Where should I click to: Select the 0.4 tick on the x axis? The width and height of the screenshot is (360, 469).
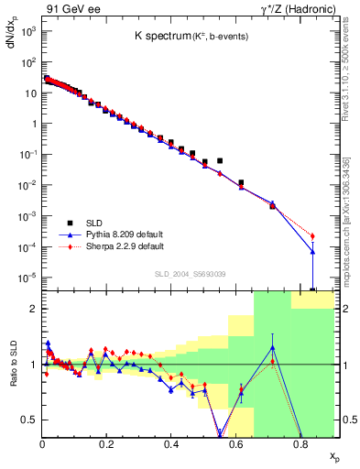tap(171, 445)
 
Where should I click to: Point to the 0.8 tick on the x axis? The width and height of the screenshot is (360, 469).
tap(300, 445)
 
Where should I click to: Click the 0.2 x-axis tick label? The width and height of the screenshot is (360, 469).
tap(107, 445)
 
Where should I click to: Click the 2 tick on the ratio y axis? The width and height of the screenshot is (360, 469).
tap(33, 309)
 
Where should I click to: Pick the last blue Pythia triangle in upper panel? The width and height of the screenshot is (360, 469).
tap(312, 252)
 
